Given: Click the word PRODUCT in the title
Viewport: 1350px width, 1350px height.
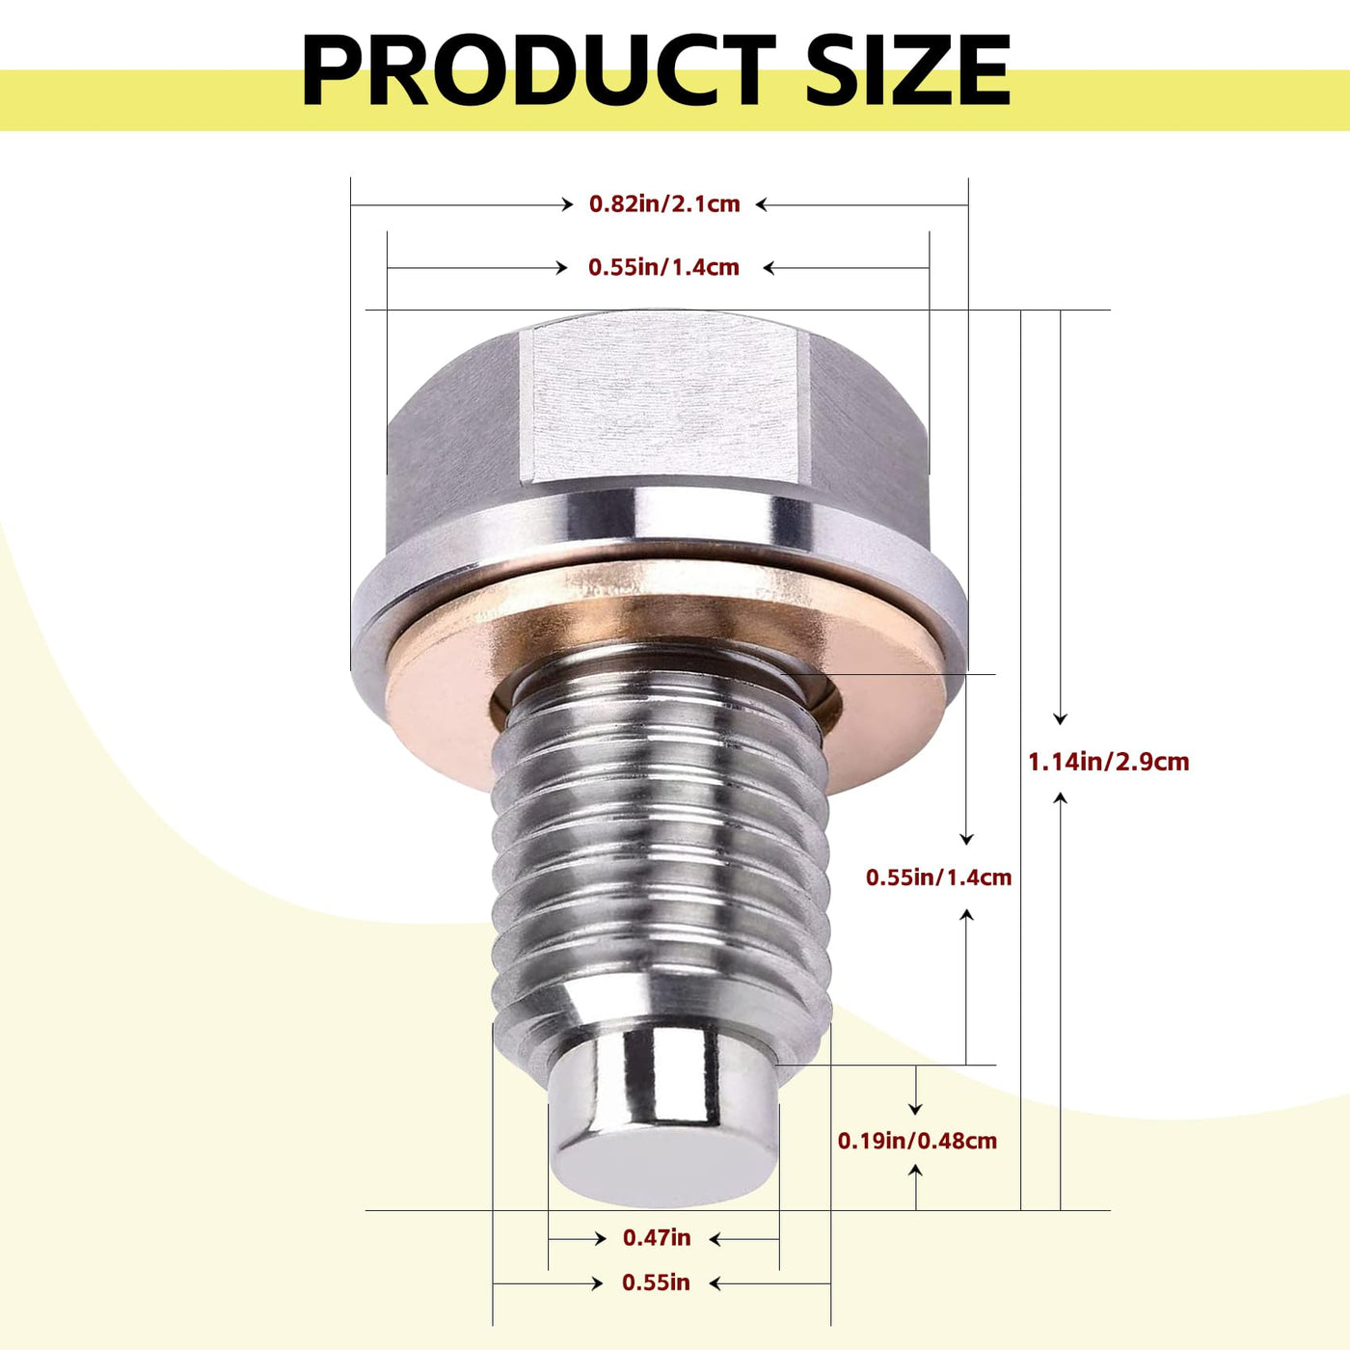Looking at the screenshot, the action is (538, 69).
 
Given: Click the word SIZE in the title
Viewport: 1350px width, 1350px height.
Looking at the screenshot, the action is (908, 69).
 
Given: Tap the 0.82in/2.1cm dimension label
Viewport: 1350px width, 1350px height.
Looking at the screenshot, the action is (664, 203).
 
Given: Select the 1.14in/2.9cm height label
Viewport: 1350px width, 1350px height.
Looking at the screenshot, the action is (1108, 761).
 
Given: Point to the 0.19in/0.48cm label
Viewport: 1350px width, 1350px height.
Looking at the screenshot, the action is (917, 1141).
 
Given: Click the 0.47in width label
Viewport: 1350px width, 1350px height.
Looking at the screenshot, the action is (657, 1237).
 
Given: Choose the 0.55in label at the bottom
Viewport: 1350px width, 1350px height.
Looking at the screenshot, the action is (656, 1282).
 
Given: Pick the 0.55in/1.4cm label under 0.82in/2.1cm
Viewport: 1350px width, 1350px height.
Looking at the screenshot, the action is (663, 267).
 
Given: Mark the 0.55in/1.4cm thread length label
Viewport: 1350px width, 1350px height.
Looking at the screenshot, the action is (939, 877).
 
